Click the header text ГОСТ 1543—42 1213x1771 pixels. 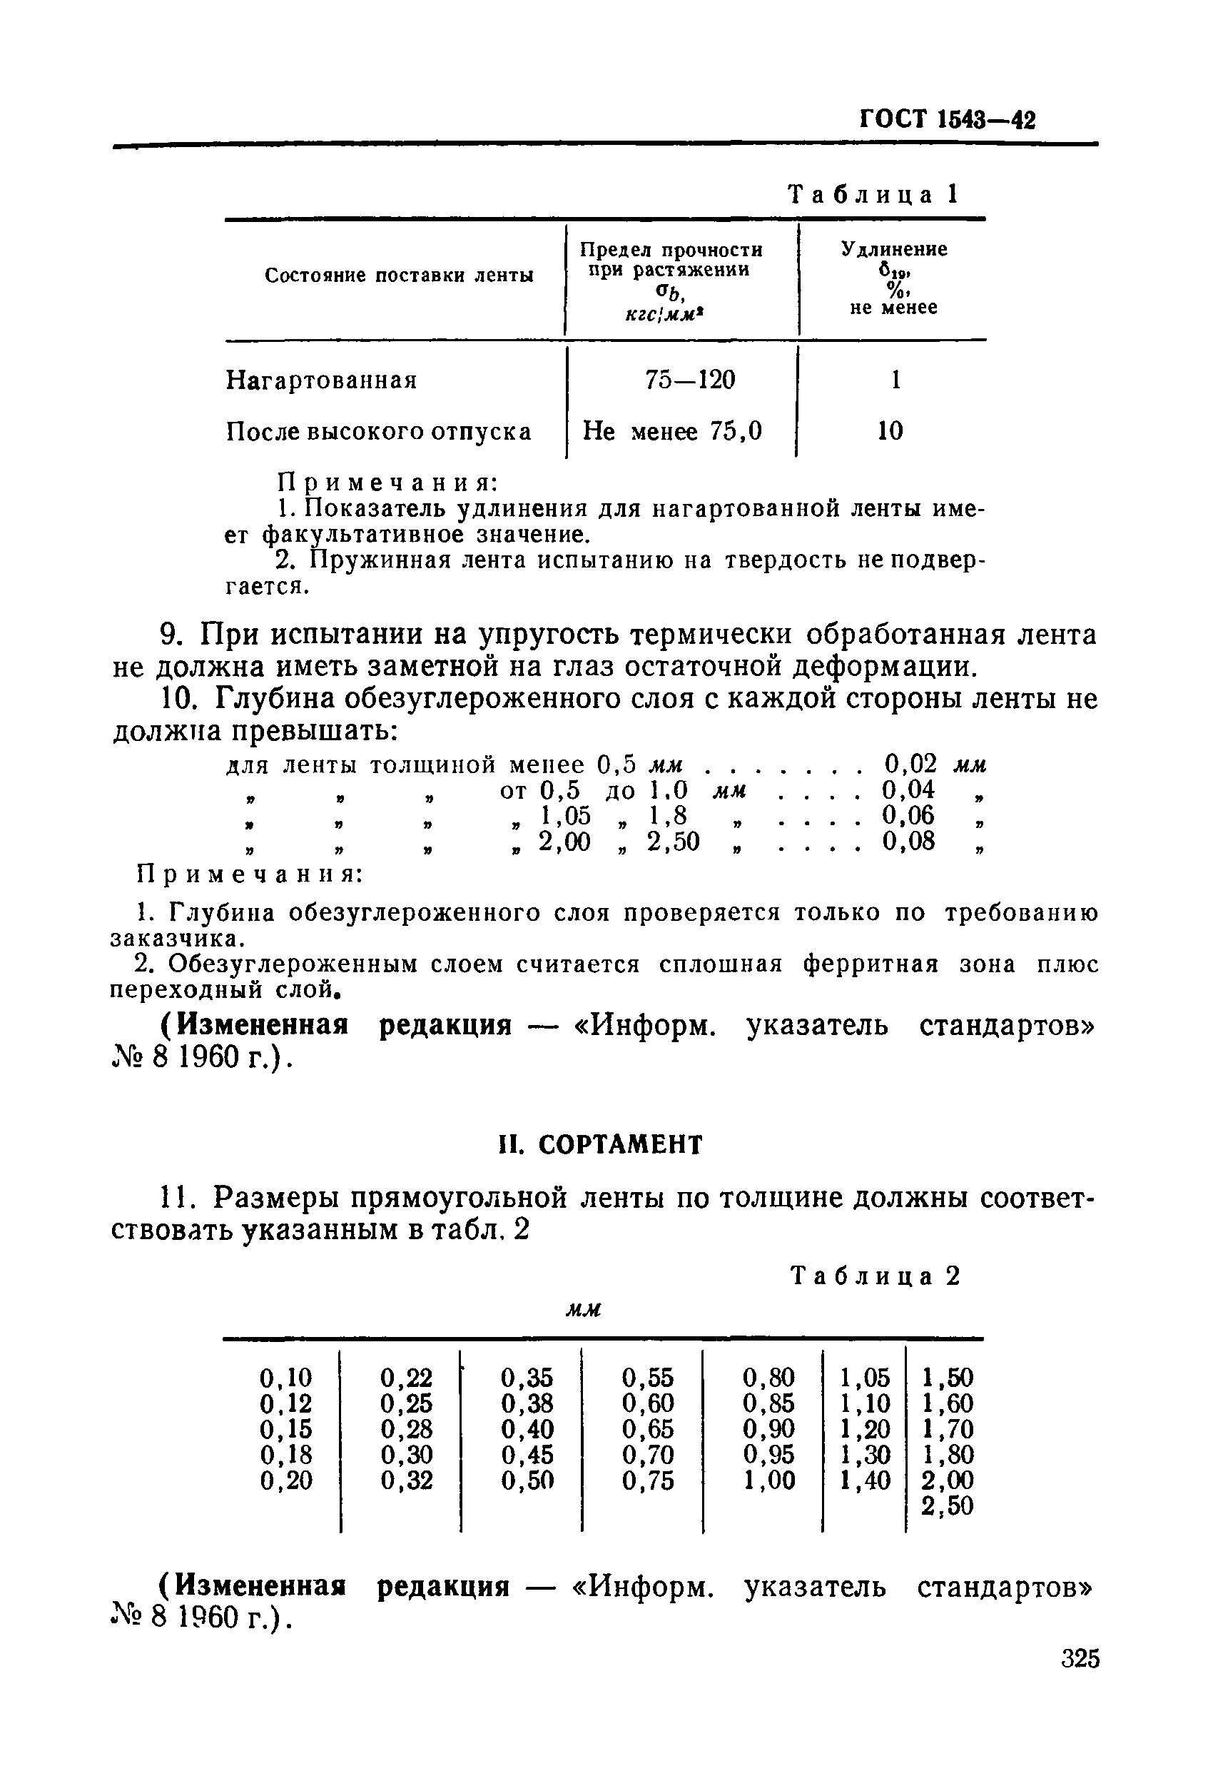click(947, 121)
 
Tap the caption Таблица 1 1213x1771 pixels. click(873, 195)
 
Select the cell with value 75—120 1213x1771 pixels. click(689, 380)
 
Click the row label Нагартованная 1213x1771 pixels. click(322, 380)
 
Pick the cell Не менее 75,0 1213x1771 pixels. click(672, 432)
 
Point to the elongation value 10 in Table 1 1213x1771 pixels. click(890, 431)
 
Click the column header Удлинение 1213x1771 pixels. click(894, 250)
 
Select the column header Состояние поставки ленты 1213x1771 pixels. click(398, 276)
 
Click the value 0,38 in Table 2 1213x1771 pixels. click(527, 1403)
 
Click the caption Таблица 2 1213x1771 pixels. click(876, 1276)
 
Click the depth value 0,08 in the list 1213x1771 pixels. click(908, 842)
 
